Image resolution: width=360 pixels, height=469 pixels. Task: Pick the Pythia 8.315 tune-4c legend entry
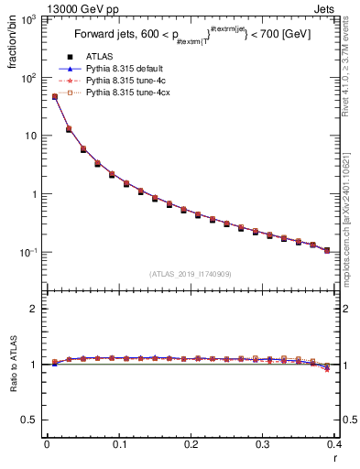point(124,81)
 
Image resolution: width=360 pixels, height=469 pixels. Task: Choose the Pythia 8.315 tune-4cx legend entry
point(125,93)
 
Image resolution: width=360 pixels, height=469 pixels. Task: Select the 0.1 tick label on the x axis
point(119,444)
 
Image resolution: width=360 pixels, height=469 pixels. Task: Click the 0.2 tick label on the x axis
point(191,444)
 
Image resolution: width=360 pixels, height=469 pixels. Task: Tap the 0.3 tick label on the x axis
point(264,444)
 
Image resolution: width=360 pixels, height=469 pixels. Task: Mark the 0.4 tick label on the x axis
point(335,444)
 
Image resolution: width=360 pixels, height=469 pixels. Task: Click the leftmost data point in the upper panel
point(54,96)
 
